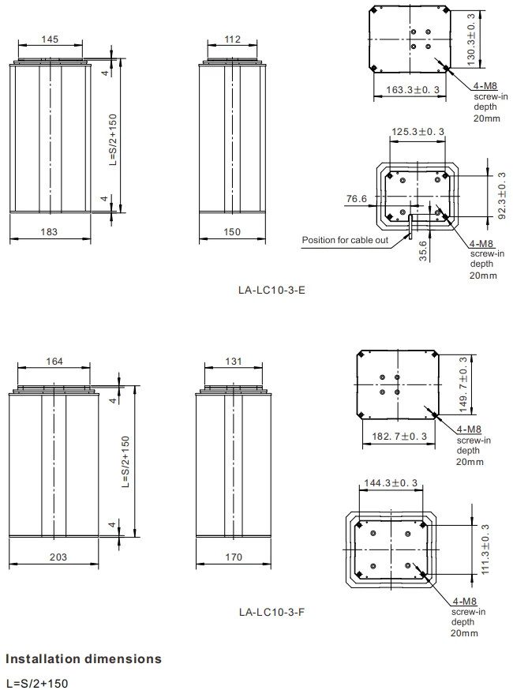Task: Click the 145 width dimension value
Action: click(x=50, y=39)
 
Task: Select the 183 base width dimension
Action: click(x=49, y=232)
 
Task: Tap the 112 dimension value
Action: click(x=232, y=39)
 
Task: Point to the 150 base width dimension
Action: click(x=232, y=232)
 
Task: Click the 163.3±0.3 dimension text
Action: click(x=413, y=90)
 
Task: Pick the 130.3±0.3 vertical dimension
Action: click(x=471, y=40)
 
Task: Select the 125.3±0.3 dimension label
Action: click(x=418, y=132)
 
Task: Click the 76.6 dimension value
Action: click(x=357, y=199)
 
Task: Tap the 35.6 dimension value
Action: click(x=423, y=251)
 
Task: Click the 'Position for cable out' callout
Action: click(x=345, y=240)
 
